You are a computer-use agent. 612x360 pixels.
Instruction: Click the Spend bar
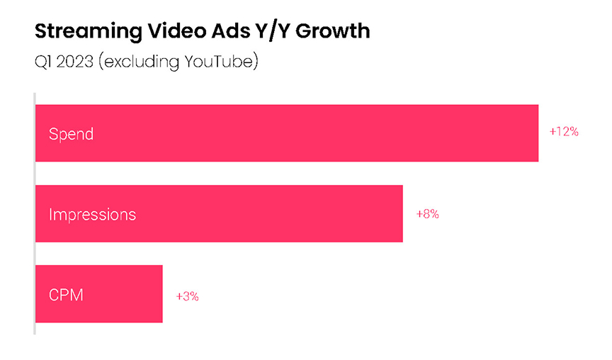[286, 133]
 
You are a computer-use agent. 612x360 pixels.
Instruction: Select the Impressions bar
[219, 213]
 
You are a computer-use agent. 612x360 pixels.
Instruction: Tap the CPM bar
[98, 294]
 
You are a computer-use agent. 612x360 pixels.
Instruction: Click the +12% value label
[564, 132]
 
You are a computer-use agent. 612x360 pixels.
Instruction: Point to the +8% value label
[427, 213]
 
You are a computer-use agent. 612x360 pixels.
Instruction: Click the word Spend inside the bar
[71, 134]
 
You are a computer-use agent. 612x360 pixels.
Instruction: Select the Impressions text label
[92, 214]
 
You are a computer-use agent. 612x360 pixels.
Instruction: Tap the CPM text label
[66, 294]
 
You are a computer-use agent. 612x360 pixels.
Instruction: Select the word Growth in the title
[335, 31]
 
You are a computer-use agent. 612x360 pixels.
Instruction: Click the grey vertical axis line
[34, 213]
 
